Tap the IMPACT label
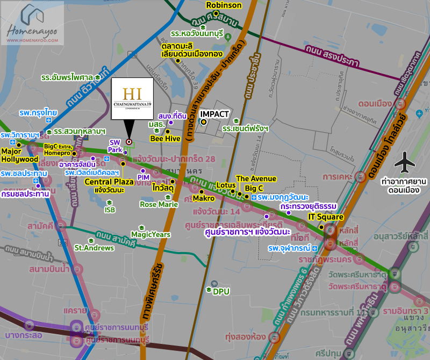(x=214, y=114)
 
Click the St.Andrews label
(x=94, y=248)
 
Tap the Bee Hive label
(x=164, y=139)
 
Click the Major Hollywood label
(x=19, y=155)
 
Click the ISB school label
(x=110, y=210)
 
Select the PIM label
(x=143, y=177)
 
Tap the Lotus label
(x=226, y=185)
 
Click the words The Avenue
(x=256, y=178)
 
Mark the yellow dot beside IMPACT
(x=204, y=122)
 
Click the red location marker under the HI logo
(x=129, y=142)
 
